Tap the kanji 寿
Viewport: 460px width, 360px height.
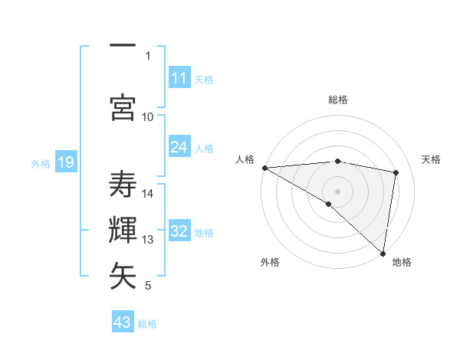(x=123, y=185)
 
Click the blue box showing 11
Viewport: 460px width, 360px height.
(x=179, y=78)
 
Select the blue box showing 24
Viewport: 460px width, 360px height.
(x=179, y=147)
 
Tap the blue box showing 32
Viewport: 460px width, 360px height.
(x=179, y=231)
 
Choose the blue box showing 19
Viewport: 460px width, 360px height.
(x=66, y=162)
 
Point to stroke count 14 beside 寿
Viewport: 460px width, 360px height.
(x=148, y=194)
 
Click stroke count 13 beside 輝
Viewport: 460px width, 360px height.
(x=148, y=240)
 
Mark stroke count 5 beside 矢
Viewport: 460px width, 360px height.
(x=148, y=286)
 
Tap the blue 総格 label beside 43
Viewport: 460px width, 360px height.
(x=147, y=324)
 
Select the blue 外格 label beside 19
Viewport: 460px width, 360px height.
(x=41, y=163)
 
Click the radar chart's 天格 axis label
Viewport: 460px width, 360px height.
(x=432, y=159)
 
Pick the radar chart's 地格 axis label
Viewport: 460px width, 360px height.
(x=402, y=262)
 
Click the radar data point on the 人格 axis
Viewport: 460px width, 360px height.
(x=264, y=168)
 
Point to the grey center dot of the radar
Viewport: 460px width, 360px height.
(x=337, y=190)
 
